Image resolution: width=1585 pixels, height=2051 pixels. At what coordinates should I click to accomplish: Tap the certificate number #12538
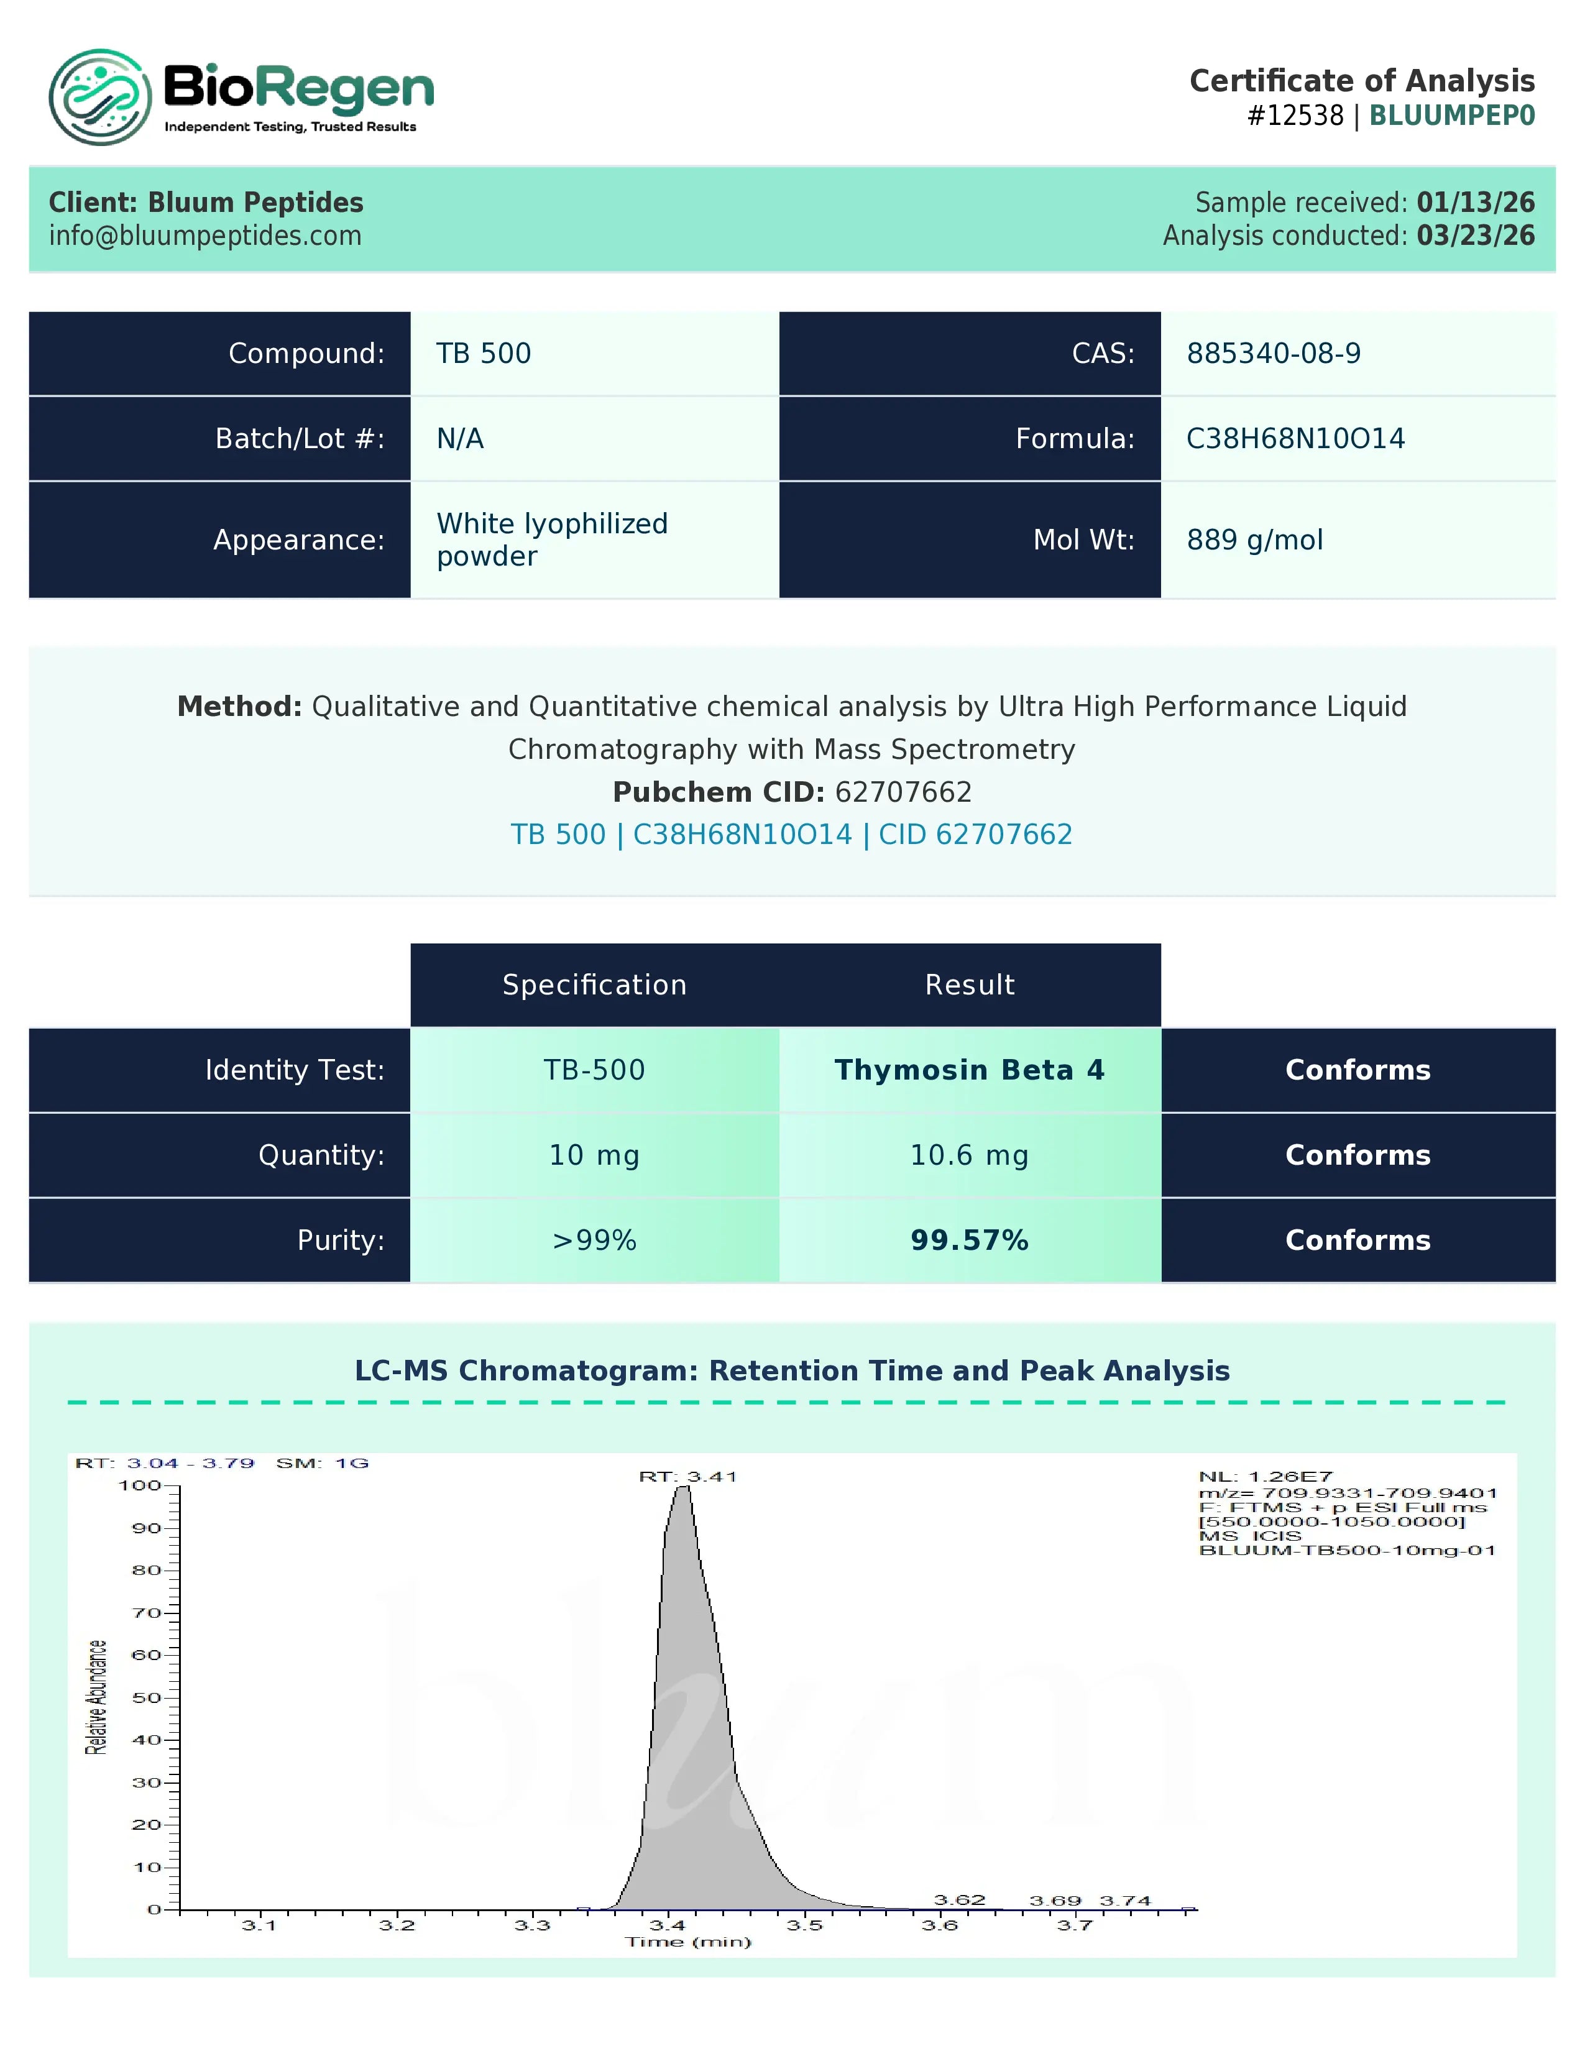(x=1295, y=116)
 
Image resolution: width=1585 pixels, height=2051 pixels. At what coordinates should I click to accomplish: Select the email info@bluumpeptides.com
(x=204, y=236)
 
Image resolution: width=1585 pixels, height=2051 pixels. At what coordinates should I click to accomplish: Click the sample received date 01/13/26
(x=1475, y=202)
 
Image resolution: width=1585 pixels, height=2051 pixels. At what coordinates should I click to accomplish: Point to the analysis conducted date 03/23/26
(x=1475, y=236)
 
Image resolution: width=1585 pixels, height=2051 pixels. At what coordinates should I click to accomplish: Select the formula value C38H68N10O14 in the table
(x=1295, y=439)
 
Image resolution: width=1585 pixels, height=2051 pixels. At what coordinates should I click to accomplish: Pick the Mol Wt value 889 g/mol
(x=1254, y=540)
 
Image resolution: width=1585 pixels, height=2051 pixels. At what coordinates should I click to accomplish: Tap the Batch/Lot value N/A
(x=460, y=439)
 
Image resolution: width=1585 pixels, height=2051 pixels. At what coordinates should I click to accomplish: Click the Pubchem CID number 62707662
(x=903, y=792)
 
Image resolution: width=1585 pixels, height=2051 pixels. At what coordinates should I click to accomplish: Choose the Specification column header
(x=594, y=984)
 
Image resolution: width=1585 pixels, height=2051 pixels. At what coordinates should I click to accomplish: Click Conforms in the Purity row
(x=1358, y=1241)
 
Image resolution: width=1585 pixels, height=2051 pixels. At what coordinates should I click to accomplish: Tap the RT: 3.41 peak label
(x=688, y=1476)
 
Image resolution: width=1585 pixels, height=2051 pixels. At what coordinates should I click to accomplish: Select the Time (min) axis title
(x=688, y=1942)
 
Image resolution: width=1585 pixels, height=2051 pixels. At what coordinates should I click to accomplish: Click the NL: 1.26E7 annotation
(x=1265, y=1476)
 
